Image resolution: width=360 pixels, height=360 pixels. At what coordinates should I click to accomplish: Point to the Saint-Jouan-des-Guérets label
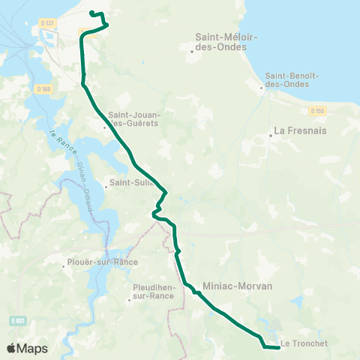(x=133, y=118)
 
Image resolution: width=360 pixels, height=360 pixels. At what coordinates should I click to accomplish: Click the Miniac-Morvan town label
(x=237, y=286)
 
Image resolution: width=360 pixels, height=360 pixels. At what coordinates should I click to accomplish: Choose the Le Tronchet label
(x=305, y=345)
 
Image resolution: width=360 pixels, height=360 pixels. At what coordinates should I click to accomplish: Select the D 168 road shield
(x=43, y=88)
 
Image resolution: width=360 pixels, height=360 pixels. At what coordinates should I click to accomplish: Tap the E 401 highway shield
(x=18, y=320)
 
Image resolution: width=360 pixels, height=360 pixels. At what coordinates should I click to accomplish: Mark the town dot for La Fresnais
(x=271, y=136)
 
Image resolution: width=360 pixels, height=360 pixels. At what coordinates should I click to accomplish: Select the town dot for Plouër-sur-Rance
(x=64, y=264)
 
